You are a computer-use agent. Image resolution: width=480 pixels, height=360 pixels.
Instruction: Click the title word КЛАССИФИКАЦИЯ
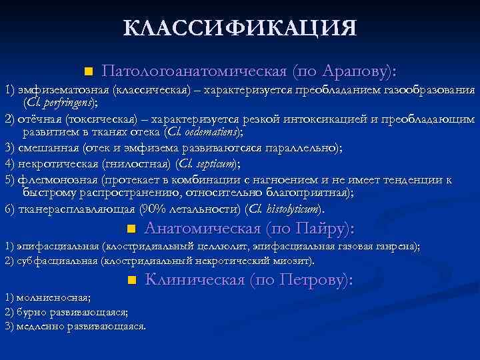pyautogui.click(x=240, y=28)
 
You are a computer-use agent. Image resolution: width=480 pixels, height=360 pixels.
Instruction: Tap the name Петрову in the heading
pyautogui.click(x=315, y=280)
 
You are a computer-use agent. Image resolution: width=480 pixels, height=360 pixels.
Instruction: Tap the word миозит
pyautogui.click(x=297, y=260)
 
